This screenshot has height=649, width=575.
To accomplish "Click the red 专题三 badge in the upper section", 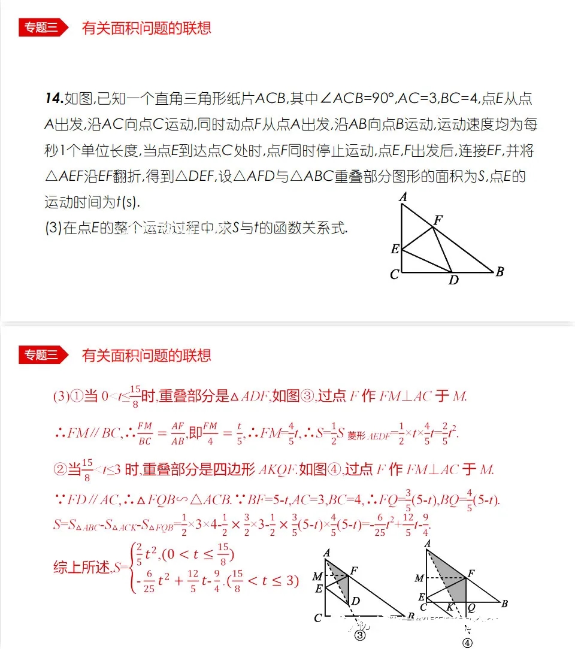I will pos(41,28).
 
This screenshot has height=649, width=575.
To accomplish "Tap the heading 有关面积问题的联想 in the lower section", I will pos(146,356).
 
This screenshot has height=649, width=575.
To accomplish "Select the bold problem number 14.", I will pos(53,98).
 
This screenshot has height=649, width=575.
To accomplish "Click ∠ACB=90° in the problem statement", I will pos(353,98).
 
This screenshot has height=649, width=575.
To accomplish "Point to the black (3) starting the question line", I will pos(53,228).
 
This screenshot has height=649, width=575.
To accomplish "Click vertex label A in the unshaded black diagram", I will pos(403,197).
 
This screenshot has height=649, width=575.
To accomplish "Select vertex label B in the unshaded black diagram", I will pos(500,272).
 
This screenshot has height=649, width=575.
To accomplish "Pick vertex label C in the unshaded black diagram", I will pos(394,275).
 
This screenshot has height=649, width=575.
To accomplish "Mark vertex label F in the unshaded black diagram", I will pos(438,220).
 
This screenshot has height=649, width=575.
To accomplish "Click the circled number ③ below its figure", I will pos(359,636).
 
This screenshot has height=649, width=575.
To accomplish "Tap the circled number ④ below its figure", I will pos(467,642).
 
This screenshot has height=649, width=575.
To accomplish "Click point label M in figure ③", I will pos(317,577).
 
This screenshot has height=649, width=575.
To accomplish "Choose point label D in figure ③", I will pos(356,601).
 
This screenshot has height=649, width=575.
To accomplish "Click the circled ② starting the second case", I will pos(60,470).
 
